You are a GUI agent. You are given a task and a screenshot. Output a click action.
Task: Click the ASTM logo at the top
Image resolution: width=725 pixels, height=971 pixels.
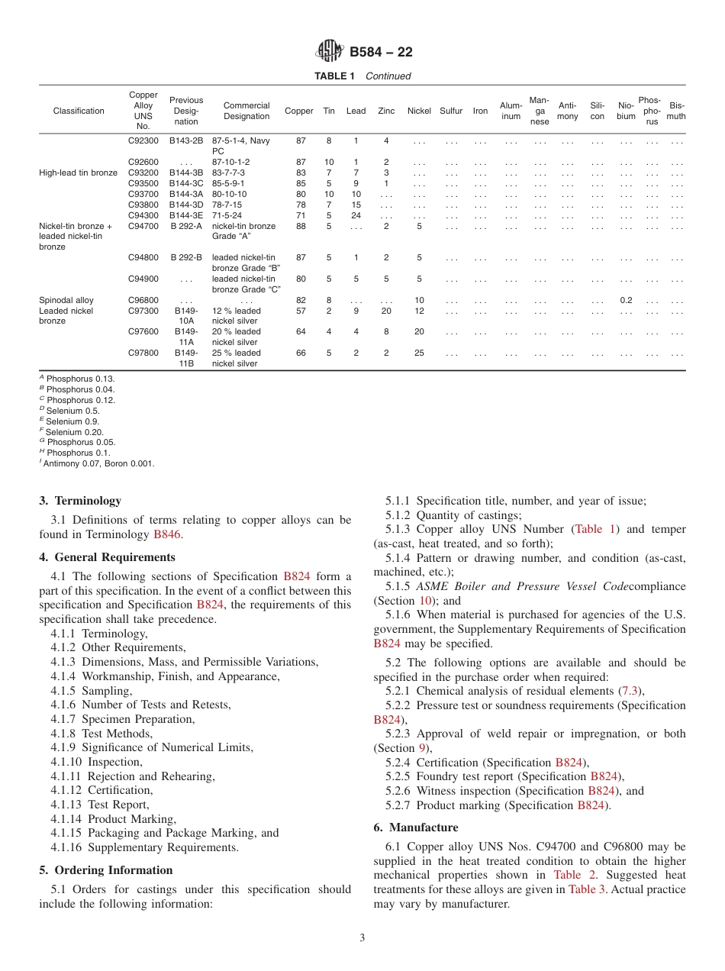point(330,52)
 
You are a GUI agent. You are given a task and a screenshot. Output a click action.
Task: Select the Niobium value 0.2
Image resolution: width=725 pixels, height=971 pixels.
point(625,301)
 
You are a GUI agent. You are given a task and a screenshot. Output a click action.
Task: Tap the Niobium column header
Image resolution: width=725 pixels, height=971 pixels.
point(625,111)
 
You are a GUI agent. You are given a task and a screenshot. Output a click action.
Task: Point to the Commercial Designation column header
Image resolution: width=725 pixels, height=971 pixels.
point(246,111)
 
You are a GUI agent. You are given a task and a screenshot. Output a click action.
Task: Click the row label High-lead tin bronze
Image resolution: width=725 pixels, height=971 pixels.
point(78,173)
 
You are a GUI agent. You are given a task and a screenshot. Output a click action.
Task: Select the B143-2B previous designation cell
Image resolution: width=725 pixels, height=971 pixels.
point(186,141)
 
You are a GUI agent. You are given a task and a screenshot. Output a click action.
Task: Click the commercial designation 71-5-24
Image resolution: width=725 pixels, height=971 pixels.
point(229,216)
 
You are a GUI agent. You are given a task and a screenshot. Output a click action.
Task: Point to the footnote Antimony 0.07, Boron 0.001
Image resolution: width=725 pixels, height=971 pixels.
point(98,463)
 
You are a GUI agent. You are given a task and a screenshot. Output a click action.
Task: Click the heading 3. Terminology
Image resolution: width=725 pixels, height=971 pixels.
point(80,501)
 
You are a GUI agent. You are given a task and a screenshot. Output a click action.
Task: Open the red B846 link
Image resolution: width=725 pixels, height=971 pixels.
point(167,535)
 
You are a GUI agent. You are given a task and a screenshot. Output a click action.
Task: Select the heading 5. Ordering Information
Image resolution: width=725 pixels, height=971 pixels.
point(105,870)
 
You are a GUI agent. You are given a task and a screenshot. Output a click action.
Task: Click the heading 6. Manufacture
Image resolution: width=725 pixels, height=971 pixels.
point(416,827)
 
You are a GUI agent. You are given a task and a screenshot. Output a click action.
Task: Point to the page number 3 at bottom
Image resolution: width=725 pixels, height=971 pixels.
point(362,938)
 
